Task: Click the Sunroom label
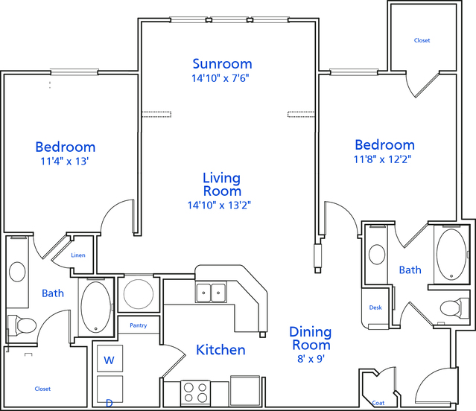(222, 64)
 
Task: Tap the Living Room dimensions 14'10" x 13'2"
(219, 205)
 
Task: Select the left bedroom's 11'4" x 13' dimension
(64, 161)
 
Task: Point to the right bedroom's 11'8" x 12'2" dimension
(382, 159)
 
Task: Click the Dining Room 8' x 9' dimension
(311, 359)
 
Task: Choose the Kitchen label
(220, 350)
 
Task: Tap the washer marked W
(110, 358)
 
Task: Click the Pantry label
(139, 325)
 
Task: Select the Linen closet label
(78, 255)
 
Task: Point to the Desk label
(375, 308)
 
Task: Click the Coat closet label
(378, 403)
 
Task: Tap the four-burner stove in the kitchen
(195, 392)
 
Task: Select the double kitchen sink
(211, 293)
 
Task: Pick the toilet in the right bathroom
(454, 308)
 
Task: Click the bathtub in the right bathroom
(451, 255)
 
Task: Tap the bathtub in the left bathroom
(96, 307)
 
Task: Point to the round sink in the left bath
(17, 272)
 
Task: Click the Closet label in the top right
(422, 40)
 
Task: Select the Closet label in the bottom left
(42, 389)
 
